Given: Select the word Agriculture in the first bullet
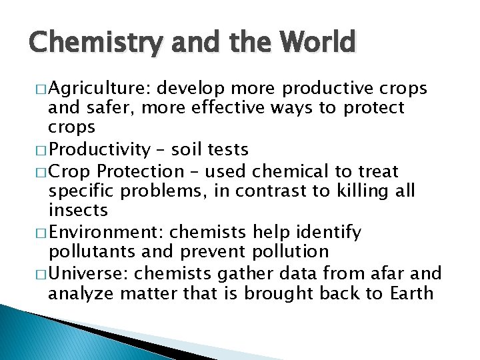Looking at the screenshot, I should (x=91, y=89).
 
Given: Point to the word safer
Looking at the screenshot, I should (x=104, y=108).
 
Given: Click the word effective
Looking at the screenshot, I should (x=230, y=108).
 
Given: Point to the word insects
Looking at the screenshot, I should (x=78, y=211).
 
